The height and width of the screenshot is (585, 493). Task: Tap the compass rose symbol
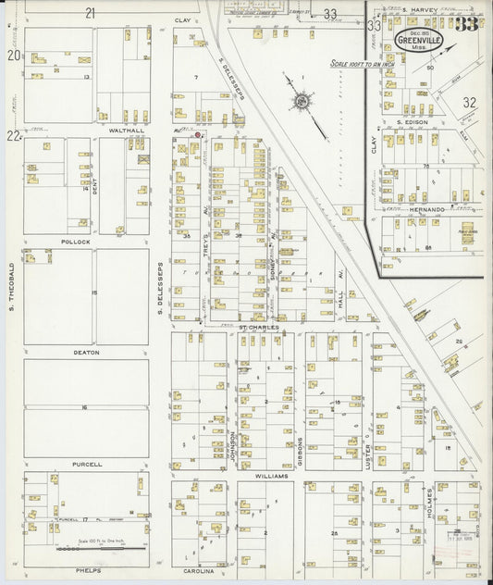point(302,102)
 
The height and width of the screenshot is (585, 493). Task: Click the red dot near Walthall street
point(197,135)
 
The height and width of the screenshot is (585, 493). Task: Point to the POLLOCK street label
point(75,241)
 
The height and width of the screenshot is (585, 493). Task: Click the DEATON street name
point(86,353)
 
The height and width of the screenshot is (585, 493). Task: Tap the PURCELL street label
point(86,464)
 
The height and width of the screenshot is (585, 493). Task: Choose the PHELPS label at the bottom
point(87,571)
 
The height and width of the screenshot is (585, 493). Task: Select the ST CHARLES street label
point(258,327)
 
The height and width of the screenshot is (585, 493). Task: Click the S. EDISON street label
point(413,122)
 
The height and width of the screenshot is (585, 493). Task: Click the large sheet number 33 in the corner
point(466,24)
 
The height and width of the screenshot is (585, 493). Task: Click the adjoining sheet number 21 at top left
point(90,13)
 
